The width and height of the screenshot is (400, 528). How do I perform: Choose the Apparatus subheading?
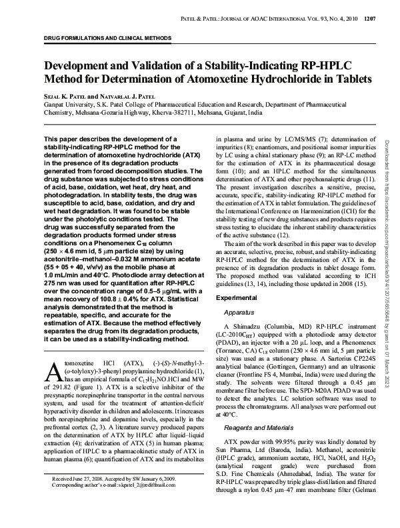click(238, 311)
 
